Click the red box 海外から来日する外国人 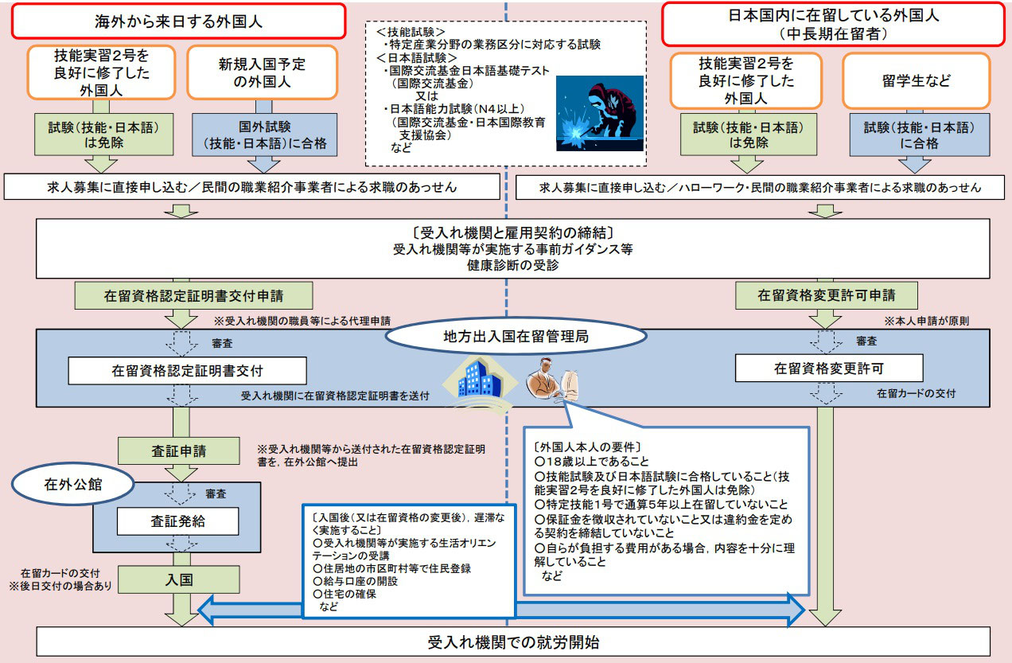[178, 21]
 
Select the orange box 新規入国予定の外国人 [262, 72]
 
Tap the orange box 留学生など [917, 81]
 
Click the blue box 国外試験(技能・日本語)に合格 [264, 135]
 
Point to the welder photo [600, 113]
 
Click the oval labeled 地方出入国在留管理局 [516, 336]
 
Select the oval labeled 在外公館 [72, 484]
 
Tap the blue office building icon [480, 384]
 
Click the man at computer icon [552, 380]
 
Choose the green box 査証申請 [179, 450]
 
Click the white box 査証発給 [177, 521]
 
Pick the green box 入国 [179, 579]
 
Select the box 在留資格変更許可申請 [827, 295]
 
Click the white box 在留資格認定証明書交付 [187, 371]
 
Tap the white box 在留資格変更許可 [829, 369]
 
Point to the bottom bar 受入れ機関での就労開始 [513, 642]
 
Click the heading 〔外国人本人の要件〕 [587, 447]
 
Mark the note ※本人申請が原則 [926, 321]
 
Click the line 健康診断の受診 [513, 265]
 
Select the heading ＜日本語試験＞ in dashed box [417, 58]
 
